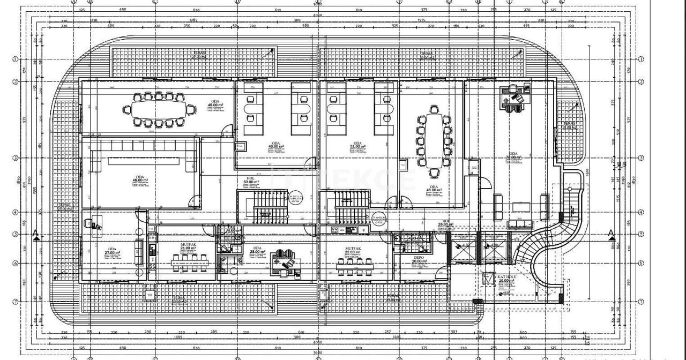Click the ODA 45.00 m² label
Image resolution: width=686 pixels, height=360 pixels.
(x=433, y=188)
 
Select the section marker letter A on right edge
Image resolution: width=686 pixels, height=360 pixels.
(x=610, y=233)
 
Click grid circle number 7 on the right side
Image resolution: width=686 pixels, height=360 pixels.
(x=641, y=301)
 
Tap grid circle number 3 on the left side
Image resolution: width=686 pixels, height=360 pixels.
(x=16, y=158)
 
